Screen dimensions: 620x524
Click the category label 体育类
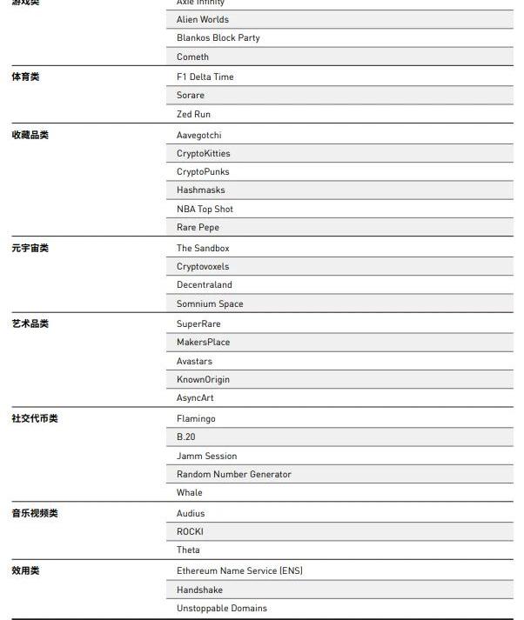pyautogui.click(x=25, y=77)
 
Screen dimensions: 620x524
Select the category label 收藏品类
pyautogui.click(x=30, y=135)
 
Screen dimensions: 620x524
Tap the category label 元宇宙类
pyautogui.click(x=30, y=248)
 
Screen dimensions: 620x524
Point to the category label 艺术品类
pyautogui.click(x=30, y=323)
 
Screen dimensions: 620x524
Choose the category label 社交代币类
pyautogui.click(x=35, y=418)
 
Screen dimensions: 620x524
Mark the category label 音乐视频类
pyautogui.click(x=35, y=513)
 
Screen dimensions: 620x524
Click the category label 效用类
pyautogui.click(x=25, y=570)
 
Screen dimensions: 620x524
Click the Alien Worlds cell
pyautogui.click(x=203, y=19)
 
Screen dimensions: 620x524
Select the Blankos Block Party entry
pyautogui.click(x=218, y=38)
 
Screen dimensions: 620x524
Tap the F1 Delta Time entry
pyautogui.click(x=205, y=77)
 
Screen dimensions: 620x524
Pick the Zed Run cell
pyautogui.click(x=193, y=114)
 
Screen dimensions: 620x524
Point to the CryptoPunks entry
pyautogui.click(x=203, y=171)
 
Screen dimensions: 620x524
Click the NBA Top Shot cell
pyautogui.click(x=205, y=209)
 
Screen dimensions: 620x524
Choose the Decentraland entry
pyautogui.click(x=205, y=284)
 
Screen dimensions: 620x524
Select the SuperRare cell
pyautogui.click(x=198, y=323)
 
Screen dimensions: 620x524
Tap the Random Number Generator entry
pyautogui.click(x=233, y=474)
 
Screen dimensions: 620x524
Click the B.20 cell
pyautogui.click(x=186, y=437)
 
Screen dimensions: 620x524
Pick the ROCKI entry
pyautogui.click(x=190, y=531)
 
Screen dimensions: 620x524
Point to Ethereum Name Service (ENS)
pyautogui.click(x=239, y=570)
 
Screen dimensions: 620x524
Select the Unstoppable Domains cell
pyautogui.click(x=221, y=608)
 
